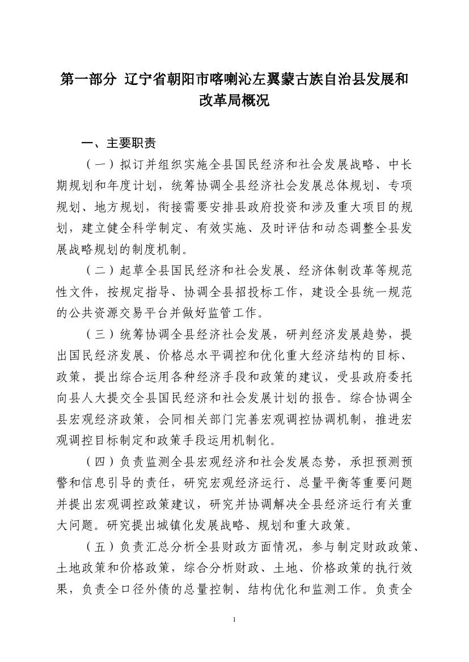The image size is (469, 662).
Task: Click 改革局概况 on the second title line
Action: coord(234,101)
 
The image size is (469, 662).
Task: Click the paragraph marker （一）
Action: coord(100,165)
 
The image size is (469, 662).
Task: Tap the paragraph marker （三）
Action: coord(100,334)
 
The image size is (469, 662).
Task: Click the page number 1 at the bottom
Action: coord(234,620)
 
